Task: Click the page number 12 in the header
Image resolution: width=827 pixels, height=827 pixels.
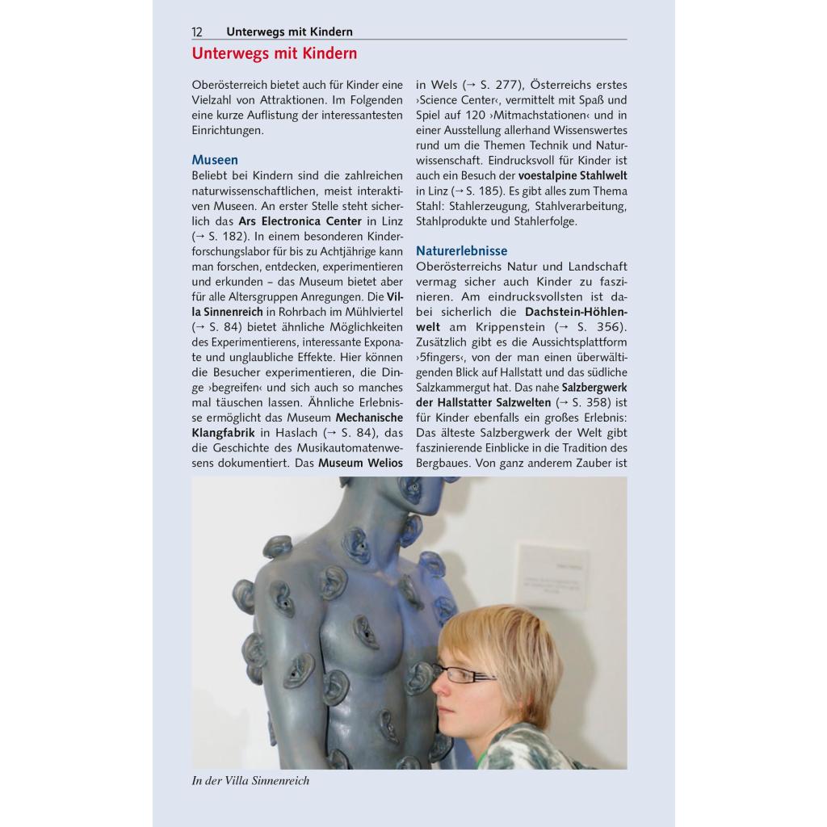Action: pos(197,32)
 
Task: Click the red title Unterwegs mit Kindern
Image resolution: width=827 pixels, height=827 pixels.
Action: pos(274,54)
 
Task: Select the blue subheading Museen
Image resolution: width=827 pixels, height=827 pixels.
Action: pos(215,160)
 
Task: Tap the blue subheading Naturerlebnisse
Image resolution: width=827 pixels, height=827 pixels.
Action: pos(461,251)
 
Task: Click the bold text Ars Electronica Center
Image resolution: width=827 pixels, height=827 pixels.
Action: pos(300,221)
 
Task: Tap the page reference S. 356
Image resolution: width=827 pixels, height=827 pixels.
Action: pos(597,327)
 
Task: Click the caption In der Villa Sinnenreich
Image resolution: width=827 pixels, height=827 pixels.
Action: pos(250,781)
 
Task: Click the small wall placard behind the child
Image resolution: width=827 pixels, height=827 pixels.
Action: pos(552,578)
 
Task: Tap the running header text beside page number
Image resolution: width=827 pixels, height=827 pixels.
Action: pos(289,32)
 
